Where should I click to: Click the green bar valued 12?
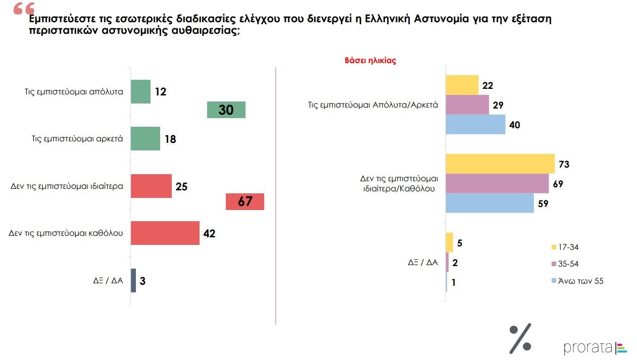[x=140, y=91]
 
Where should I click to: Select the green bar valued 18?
[x=145, y=138]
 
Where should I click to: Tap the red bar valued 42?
[x=165, y=233]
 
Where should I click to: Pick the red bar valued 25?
[x=151, y=186]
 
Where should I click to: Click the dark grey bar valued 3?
[x=133, y=280]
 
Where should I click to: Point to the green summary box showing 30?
[x=226, y=110]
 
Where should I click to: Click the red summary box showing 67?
[x=244, y=201]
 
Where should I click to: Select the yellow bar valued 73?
[x=500, y=164]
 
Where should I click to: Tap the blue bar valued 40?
[x=475, y=124]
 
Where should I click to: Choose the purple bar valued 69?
[x=497, y=183]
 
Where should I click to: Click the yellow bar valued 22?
[x=462, y=85]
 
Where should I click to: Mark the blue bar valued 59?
[x=489, y=203]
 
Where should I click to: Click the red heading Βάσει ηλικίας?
[x=370, y=61]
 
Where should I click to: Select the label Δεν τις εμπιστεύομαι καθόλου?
[x=66, y=233]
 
